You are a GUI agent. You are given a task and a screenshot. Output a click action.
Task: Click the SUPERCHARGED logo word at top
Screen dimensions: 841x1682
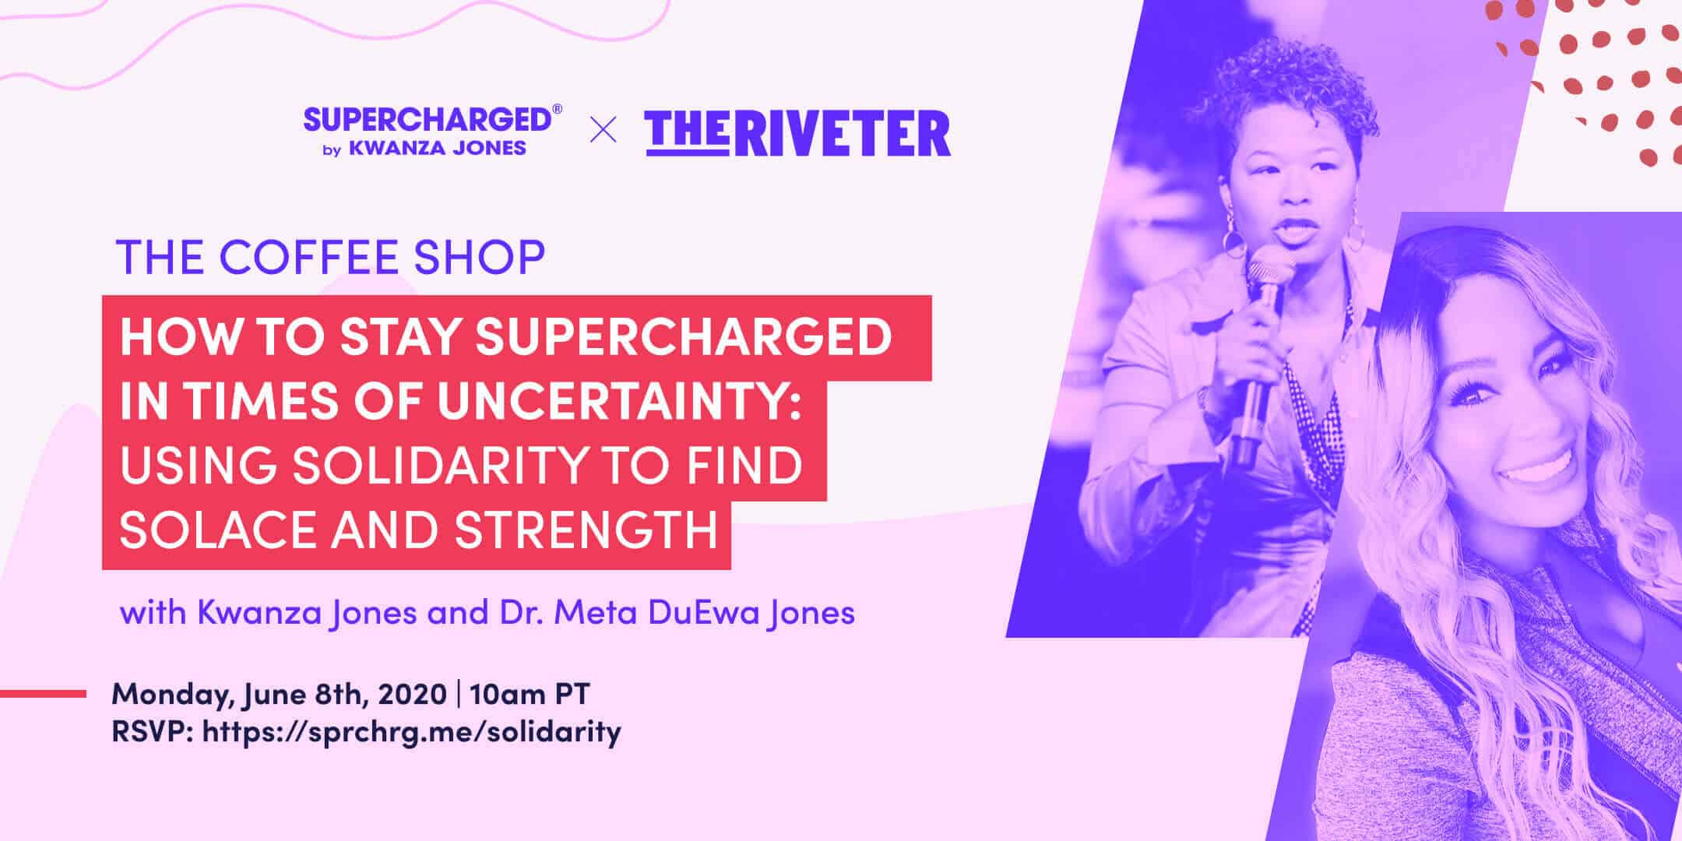[427, 121]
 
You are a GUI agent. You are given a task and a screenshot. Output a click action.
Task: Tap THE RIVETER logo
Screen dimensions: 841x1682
[797, 134]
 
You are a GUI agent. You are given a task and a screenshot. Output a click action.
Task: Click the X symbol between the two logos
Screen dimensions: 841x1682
[603, 130]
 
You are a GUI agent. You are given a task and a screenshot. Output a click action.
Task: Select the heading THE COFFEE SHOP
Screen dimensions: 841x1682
[330, 258]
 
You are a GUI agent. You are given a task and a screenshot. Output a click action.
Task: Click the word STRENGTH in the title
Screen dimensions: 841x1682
[586, 530]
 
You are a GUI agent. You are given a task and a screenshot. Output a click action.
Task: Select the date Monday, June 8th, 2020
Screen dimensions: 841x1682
[279, 694]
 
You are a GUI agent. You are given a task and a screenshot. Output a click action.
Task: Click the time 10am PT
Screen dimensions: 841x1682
[530, 694]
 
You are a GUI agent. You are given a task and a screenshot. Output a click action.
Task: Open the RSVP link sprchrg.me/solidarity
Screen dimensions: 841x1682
[411, 731]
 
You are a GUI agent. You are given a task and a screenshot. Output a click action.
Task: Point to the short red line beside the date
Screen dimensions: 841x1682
[43, 693]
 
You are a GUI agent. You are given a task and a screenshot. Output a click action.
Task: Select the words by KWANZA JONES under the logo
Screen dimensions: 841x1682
[424, 149]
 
